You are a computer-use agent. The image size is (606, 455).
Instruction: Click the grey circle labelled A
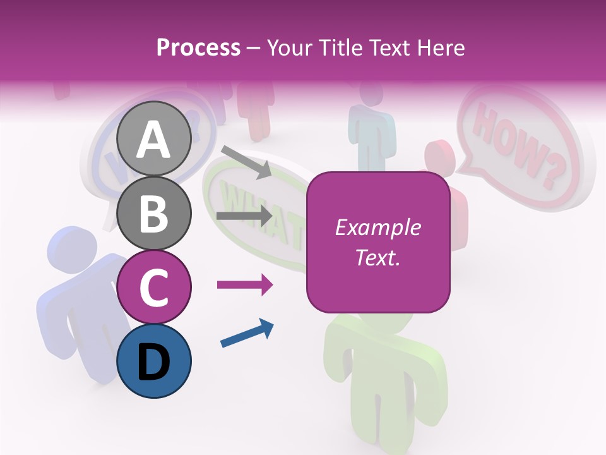154,139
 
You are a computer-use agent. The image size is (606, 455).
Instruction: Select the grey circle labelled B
154,213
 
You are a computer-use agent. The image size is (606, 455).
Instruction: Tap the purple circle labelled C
154,287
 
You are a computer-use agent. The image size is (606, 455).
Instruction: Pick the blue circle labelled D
154,361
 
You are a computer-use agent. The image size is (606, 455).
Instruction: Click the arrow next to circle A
246,161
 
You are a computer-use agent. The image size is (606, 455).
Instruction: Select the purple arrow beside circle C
244,285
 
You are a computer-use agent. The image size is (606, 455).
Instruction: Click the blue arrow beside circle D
247,333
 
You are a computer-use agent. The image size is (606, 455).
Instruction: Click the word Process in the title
198,47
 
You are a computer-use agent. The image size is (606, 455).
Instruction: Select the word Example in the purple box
377,228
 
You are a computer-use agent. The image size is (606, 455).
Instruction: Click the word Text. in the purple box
377,257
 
